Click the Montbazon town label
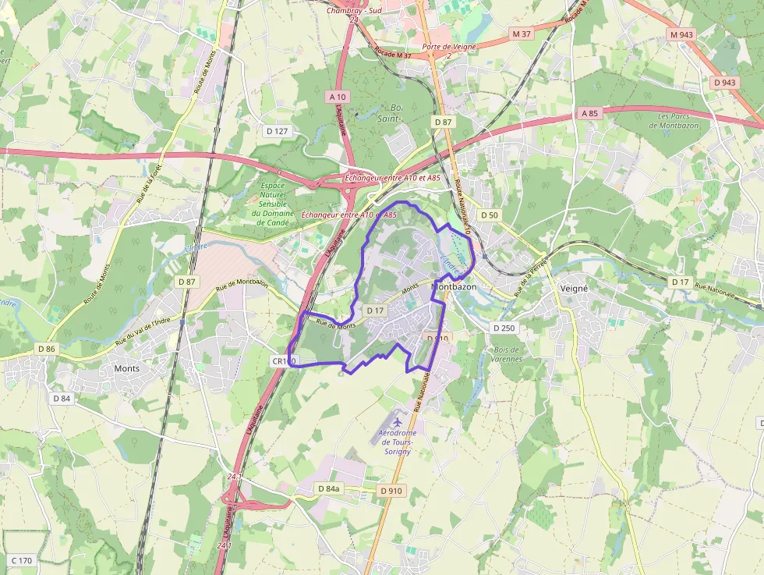point(454,287)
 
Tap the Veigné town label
point(574,287)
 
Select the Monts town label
point(127,367)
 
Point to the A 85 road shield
point(589,113)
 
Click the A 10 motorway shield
point(337,96)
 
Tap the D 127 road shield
point(277,131)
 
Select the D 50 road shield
point(489,215)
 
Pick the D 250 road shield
point(504,328)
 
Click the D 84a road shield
point(329,488)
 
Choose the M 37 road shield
point(522,34)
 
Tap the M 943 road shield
point(681,34)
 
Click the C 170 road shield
point(21,560)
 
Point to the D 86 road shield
point(45,349)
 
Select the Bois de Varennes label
point(508,354)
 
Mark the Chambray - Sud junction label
point(354,10)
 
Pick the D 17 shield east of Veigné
point(681,282)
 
